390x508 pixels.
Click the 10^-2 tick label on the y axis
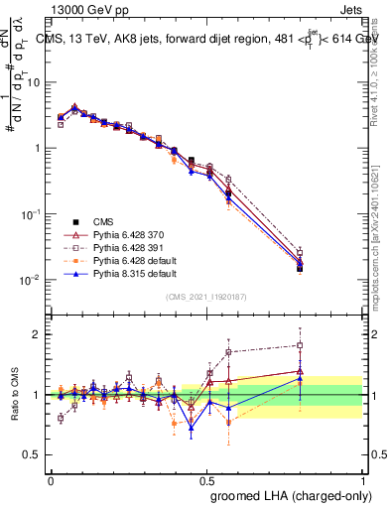click(33, 280)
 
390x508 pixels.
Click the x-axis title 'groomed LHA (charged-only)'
click(286, 493)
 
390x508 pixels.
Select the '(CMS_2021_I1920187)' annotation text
click(206, 297)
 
